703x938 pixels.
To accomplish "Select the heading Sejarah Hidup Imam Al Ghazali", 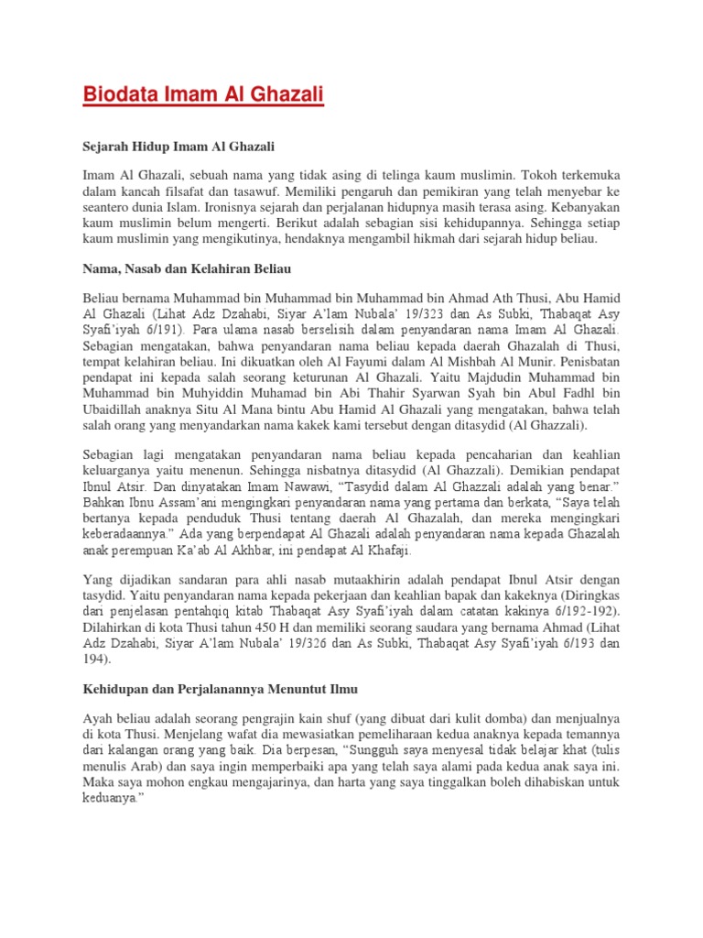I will click(x=178, y=146).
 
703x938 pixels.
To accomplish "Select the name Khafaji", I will click(x=387, y=551).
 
